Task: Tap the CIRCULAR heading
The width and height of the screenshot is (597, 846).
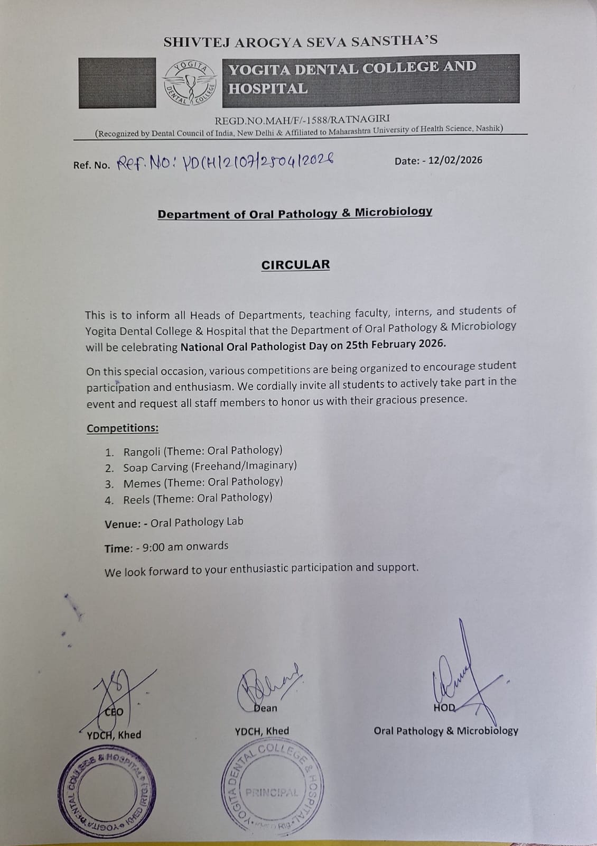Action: coord(295,264)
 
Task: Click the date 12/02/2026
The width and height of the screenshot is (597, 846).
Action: coord(455,160)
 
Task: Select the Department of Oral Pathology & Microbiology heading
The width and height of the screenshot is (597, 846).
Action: coord(295,213)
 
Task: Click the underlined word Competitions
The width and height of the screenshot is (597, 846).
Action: coord(123,428)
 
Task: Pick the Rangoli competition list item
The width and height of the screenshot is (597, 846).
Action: coord(203,451)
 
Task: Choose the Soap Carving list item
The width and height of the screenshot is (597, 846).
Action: coord(210,466)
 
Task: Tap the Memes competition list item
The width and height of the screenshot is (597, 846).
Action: coord(203,482)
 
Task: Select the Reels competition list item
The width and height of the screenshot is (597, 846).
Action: coord(198,498)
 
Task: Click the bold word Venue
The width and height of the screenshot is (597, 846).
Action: coord(123,523)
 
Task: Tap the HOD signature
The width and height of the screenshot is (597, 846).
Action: coord(460,672)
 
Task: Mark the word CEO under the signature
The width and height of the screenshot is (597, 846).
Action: coord(114,712)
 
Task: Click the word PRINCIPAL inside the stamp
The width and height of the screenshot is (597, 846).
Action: coord(272,793)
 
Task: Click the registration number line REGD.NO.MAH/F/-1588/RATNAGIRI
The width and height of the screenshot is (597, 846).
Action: coord(302,118)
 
